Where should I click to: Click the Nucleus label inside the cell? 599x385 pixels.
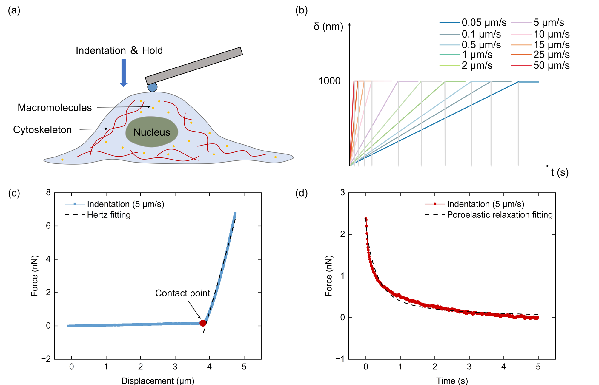coord(152,132)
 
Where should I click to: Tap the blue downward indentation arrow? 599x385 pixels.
coord(124,73)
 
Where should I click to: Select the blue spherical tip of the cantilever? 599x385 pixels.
coord(152,87)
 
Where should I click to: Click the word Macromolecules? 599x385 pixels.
coord(55,108)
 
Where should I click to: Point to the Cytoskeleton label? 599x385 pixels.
coord(42,130)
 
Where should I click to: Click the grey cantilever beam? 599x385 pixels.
coord(194,66)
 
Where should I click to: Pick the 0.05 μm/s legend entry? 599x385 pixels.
coord(473,22)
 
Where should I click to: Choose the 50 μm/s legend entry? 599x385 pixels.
coord(540,65)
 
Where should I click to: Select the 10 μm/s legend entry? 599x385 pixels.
coord(540,34)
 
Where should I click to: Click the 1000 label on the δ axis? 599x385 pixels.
coord(329,81)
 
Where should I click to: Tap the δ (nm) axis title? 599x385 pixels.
coord(328,27)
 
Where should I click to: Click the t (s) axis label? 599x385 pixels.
coord(560,172)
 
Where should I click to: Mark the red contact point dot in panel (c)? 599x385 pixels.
coord(203,323)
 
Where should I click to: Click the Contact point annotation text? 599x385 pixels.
coord(183,293)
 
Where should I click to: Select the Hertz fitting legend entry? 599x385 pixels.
coord(98,215)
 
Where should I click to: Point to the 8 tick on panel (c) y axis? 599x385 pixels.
coord(48,192)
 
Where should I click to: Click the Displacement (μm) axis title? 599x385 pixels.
coord(158,381)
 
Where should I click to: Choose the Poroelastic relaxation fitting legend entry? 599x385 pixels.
coord(489,215)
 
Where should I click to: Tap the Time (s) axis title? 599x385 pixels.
coord(452,381)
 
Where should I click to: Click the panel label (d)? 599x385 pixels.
coord(302,193)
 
